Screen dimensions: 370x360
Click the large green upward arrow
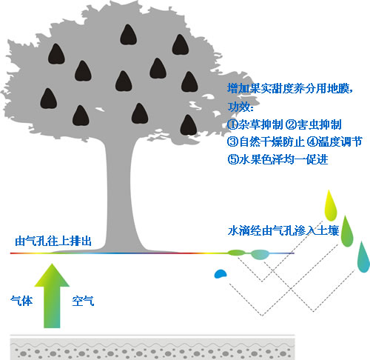[52, 296]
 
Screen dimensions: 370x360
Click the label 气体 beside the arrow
[21, 301]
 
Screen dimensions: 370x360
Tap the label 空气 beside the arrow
[83, 301]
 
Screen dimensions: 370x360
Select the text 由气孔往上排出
[53, 241]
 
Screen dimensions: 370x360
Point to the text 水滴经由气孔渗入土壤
[283, 230]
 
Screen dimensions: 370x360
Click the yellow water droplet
[331, 206]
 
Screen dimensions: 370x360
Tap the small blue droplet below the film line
[221, 273]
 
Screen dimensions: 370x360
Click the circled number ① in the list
[232, 124]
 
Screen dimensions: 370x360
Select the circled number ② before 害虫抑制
[291, 124]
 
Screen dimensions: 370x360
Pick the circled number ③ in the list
[232, 142]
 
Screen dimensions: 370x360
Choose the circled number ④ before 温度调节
[312, 142]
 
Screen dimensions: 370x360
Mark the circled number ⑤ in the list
[232, 159]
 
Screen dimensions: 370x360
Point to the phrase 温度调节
[340, 141]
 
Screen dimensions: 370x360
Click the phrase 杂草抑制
[260, 124]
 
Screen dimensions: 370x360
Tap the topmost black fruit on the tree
[128, 35]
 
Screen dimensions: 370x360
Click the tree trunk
[120, 193]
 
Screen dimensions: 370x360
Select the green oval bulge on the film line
[236, 253]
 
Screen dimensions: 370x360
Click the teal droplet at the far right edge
[363, 257]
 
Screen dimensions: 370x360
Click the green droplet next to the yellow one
[347, 231]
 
